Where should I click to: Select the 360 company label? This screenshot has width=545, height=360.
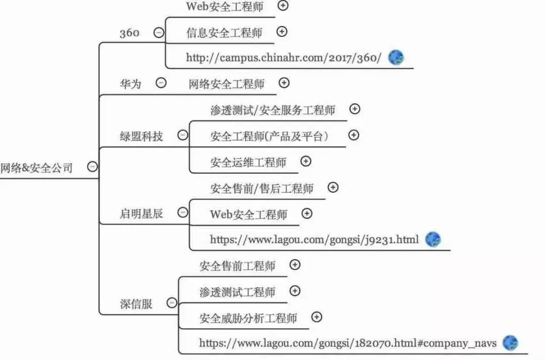click(129, 33)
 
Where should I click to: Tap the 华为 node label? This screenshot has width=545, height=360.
click(130, 84)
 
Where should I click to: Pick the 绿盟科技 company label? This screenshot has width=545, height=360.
click(141, 136)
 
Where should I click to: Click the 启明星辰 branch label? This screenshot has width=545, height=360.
click(141, 214)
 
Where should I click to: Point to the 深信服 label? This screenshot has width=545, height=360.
click(136, 304)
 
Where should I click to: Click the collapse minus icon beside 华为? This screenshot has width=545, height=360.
click(161, 83)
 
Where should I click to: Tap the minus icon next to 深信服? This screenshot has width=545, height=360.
click(172, 303)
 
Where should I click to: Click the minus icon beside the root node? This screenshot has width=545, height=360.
click(92, 167)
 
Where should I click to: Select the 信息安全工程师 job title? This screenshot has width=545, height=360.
click(224, 33)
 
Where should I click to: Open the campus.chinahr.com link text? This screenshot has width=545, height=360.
click(284, 58)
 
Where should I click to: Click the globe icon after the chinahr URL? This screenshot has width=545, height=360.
click(396, 57)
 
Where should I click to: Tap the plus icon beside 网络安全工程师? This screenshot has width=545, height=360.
click(284, 82)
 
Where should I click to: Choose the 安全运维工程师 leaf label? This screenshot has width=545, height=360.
click(248, 162)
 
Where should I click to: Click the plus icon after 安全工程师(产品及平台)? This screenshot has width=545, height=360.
click(354, 135)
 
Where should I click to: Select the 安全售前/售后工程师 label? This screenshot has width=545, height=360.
click(261, 188)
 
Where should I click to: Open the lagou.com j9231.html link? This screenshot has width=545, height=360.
click(314, 240)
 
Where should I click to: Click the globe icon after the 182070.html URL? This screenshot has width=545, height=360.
click(511, 343)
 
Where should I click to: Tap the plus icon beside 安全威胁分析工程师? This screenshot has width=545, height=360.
click(316, 317)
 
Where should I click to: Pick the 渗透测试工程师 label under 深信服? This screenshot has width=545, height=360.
click(237, 292)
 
